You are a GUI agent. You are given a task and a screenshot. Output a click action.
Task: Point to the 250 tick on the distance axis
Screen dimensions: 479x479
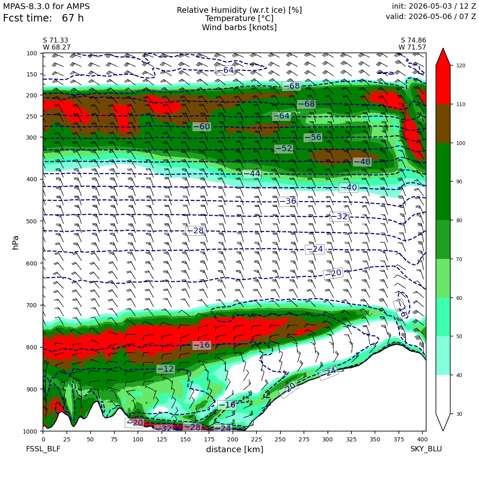pyautogui.click(x=280, y=432)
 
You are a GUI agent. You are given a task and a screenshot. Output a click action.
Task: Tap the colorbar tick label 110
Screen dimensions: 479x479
pyautogui.click(x=461, y=104)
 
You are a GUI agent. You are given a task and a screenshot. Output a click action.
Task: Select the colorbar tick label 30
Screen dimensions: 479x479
pyautogui.click(x=459, y=414)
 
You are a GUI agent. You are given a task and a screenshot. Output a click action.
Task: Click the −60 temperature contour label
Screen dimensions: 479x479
pyautogui.click(x=202, y=126)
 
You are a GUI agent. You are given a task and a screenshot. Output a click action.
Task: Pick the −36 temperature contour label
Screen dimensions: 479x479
pyautogui.click(x=288, y=202)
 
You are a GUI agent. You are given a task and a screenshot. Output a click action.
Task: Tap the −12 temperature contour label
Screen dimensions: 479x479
pyautogui.click(x=166, y=369)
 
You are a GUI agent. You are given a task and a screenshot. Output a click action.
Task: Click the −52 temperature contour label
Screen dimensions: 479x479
pyautogui.click(x=284, y=149)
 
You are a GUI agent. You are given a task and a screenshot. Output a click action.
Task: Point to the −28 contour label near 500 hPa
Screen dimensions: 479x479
pyautogui.click(x=195, y=231)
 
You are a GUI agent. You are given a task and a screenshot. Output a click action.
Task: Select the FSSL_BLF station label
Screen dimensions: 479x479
pyautogui.click(x=43, y=449)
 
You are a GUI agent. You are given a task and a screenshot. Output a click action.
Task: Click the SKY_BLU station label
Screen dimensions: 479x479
pyautogui.click(x=426, y=449)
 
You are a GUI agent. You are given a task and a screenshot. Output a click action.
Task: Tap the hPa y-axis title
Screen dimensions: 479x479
pyautogui.click(x=16, y=243)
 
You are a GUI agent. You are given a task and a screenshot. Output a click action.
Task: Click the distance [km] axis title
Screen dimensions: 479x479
pyautogui.click(x=235, y=449)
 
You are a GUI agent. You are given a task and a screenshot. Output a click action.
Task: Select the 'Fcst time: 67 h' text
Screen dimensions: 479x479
pyautogui.click(x=43, y=18)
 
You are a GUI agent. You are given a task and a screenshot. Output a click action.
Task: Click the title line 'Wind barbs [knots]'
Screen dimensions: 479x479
pyautogui.click(x=239, y=28)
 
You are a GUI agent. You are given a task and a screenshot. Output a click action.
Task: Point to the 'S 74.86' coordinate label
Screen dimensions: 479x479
pyautogui.click(x=413, y=40)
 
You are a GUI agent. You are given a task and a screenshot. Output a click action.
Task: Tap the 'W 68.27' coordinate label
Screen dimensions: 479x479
pyautogui.click(x=57, y=47)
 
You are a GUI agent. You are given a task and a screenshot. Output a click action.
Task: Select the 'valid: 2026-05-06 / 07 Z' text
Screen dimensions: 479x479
pyautogui.click(x=431, y=17)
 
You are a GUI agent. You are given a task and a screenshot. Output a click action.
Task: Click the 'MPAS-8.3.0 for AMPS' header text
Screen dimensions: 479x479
pyautogui.click(x=46, y=7)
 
